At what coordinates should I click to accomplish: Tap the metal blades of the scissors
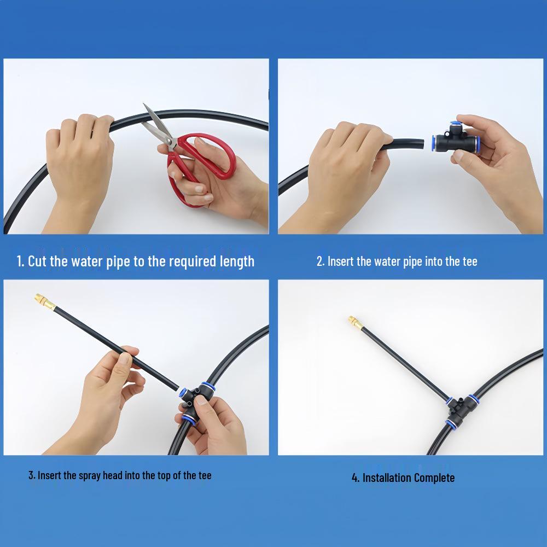pos(157,126)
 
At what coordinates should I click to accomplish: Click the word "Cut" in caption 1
pos(37,261)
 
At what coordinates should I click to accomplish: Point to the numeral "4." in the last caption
pos(356,478)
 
